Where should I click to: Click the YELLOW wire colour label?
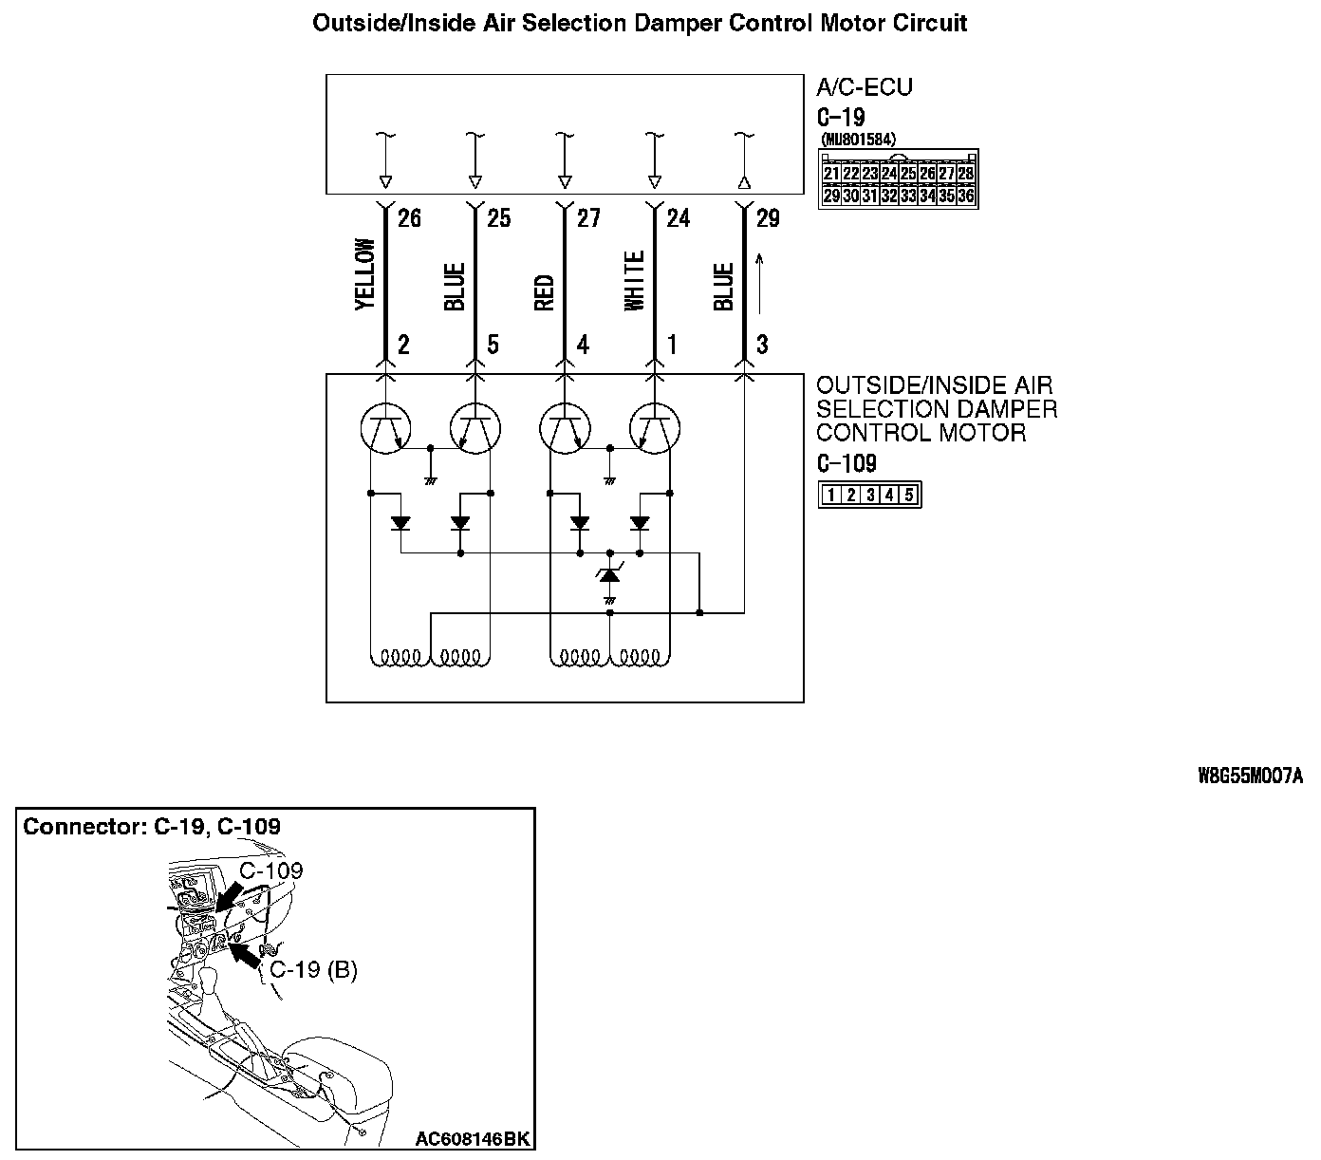click(365, 274)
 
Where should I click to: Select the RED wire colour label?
click(544, 292)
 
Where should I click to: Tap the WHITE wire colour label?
click(634, 280)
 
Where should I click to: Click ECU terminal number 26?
click(409, 218)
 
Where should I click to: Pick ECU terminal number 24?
click(678, 218)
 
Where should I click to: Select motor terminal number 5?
click(493, 345)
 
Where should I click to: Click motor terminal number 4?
click(583, 345)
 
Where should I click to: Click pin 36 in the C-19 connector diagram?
click(965, 196)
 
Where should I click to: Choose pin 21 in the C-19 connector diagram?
click(831, 174)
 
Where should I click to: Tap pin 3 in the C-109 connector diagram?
click(869, 495)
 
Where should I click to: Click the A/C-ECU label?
click(864, 87)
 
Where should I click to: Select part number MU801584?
click(858, 140)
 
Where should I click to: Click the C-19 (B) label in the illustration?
click(313, 970)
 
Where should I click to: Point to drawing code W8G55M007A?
click(1250, 776)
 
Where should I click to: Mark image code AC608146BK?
click(472, 1138)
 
